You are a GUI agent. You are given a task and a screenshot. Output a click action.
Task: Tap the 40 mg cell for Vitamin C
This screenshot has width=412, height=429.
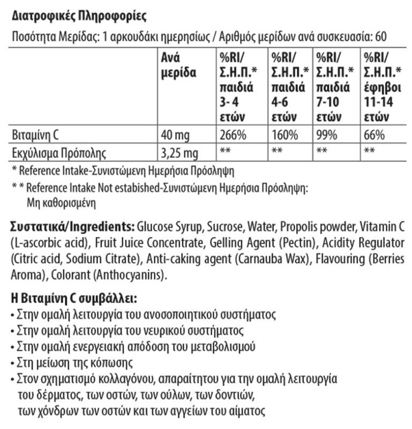tap(176, 135)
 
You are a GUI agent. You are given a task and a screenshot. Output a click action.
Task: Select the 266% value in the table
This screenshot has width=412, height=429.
tap(232, 135)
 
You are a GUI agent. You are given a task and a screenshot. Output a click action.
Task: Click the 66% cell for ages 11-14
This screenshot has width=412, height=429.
tap(374, 135)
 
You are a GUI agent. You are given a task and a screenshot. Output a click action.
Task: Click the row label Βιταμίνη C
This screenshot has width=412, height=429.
tap(36, 135)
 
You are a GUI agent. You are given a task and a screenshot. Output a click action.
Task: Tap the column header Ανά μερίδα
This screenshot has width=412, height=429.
tap(178, 65)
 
